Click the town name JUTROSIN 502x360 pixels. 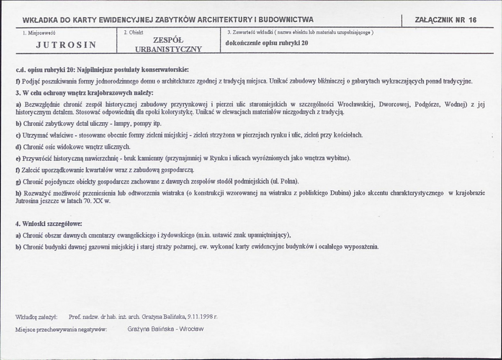click(x=66, y=45)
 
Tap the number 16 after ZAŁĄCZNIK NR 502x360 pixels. click(x=473, y=20)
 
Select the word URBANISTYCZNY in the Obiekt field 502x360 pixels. click(x=168, y=49)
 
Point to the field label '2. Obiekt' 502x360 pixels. click(x=134, y=32)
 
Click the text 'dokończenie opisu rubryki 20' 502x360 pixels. click(x=267, y=43)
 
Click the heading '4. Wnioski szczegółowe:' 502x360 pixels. click(x=49, y=224)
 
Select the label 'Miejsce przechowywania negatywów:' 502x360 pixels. click(x=61, y=329)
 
